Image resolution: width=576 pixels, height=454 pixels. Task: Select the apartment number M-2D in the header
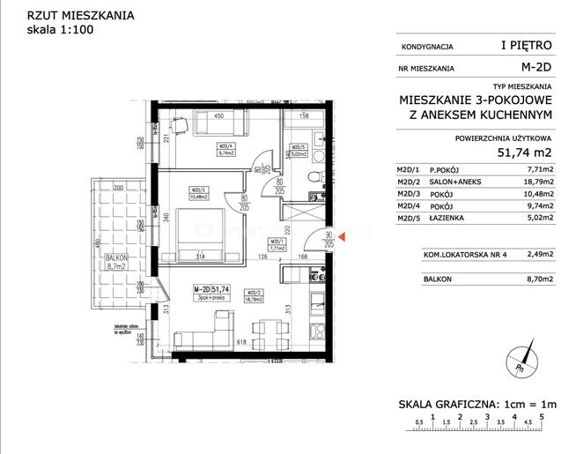click(x=536, y=66)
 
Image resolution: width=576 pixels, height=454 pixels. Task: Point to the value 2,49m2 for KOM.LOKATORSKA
click(x=538, y=255)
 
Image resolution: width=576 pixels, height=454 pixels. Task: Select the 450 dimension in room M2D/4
click(x=222, y=115)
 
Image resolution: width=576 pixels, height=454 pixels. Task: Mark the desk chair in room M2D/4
click(x=179, y=126)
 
